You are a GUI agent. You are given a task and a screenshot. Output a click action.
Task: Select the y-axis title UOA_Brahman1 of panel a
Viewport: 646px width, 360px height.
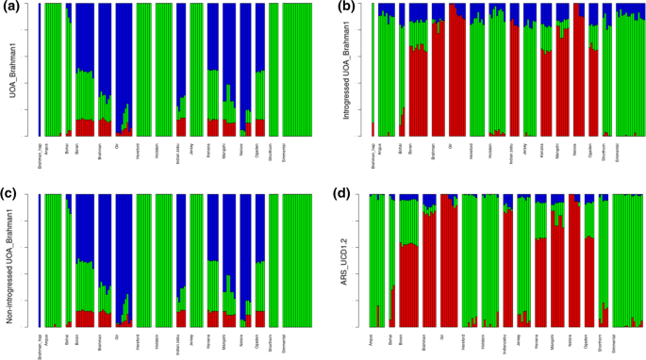pos(15,71)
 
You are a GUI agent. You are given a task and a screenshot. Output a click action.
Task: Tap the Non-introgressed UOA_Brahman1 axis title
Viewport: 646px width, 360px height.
pos(15,262)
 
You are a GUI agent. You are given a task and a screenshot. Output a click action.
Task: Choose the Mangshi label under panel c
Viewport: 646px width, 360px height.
pos(226,340)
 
